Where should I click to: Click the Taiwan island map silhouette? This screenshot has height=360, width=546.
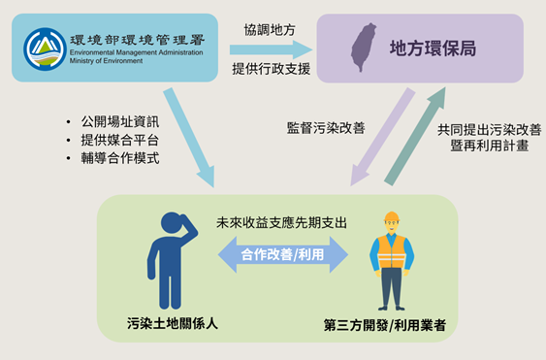[364, 47]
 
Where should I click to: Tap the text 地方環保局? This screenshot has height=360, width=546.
[432, 48]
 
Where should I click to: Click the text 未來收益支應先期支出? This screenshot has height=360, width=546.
[282, 223]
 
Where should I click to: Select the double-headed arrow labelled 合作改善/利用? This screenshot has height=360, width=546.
[282, 256]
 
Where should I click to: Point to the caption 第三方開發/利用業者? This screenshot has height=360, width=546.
[391, 324]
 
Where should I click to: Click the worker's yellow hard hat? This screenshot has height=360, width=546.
[392, 217]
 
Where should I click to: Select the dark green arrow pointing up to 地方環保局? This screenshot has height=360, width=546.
[414, 136]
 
